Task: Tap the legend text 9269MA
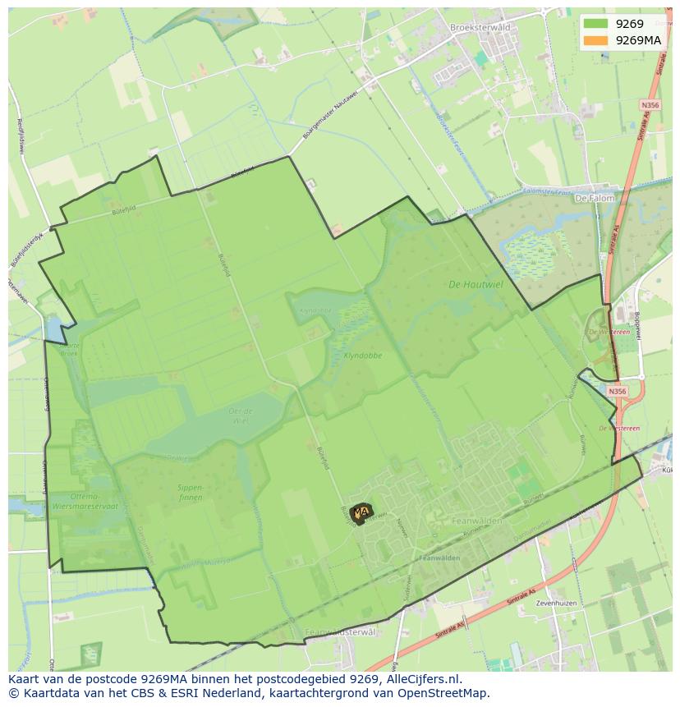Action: point(638,40)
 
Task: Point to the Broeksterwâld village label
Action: point(480,27)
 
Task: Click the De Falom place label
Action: point(593,199)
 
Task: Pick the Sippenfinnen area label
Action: point(190,492)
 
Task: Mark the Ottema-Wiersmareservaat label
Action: point(85,502)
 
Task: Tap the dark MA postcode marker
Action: point(361,512)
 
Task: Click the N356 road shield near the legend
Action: point(650,105)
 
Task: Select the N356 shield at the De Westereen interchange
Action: point(617,392)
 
